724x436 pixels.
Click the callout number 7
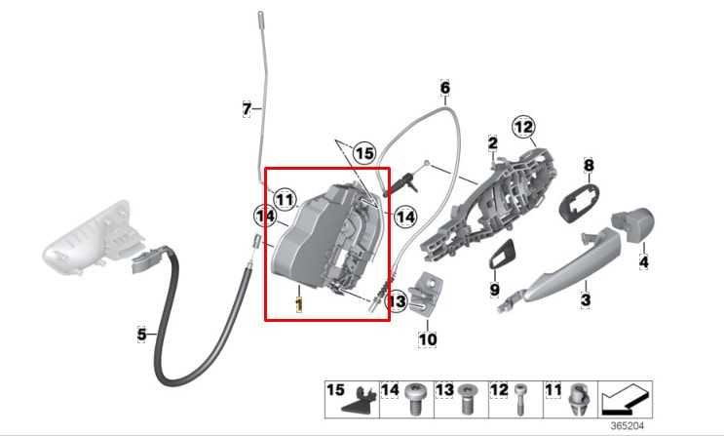point(247,108)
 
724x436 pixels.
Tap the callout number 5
point(141,335)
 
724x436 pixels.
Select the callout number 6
point(444,88)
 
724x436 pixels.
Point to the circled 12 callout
point(524,126)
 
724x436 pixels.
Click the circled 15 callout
point(363,153)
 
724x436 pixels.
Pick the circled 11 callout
point(284,200)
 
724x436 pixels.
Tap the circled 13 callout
point(397,302)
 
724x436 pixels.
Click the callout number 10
point(428,339)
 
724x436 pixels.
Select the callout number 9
point(494,290)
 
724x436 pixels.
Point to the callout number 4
point(643,261)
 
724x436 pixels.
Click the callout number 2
point(492,144)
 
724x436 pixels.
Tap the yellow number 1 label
point(300,304)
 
